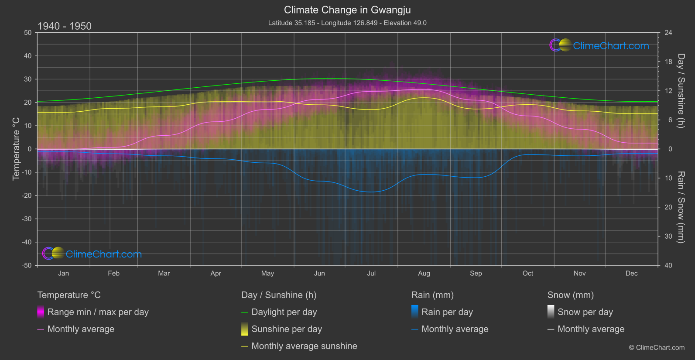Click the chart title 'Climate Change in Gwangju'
coord(347,10)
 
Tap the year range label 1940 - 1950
coord(65,26)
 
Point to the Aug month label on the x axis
coord(424,273)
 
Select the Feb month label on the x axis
coord(113,273)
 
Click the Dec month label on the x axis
coord(631,273)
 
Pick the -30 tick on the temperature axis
coord(27,219)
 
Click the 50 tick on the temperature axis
coord(28,33)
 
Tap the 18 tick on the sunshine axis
coord(668,62)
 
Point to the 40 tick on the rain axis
coord(668,265)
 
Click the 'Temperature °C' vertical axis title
coord(16,148)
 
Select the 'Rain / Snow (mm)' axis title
coord(681,207)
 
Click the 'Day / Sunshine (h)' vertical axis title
coord(681,91)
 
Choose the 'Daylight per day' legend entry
coord(284,312)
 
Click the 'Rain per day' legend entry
coord(447,312)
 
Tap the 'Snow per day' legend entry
coord(585,312)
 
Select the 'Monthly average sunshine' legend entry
coord(304,346)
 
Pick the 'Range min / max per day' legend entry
coord(98,312)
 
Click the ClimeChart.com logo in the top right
coord(599,45)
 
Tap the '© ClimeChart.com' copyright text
coord(657,347)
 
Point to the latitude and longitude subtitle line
coord(347,23)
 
